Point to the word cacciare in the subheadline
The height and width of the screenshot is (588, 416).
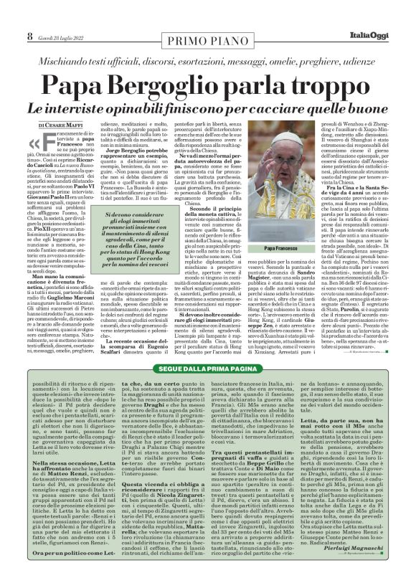click(310, 90)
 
